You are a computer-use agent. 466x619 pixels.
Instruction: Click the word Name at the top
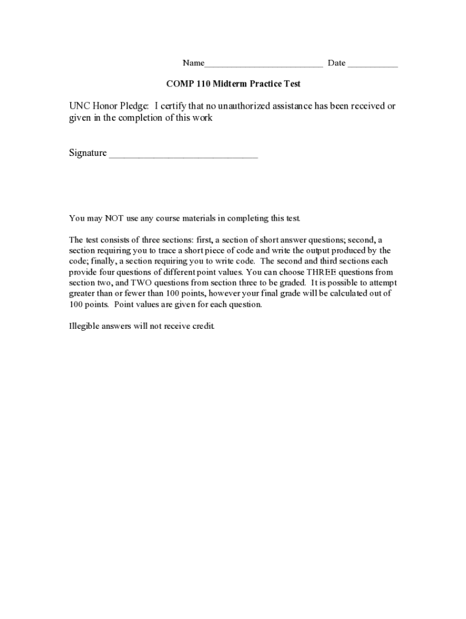pyautogui.click(x=194, y=63)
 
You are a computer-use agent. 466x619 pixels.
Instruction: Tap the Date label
pyautogui.click(x=336, y=63)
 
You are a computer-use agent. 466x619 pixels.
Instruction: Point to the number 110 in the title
pyautogui.click(x=203, y=84)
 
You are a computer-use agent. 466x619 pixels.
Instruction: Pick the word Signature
pyautogui.click(x=88, y=154)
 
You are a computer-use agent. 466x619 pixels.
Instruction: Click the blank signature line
pyautogui.click(x=183, y=156)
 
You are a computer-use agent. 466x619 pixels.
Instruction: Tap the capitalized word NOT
pyautogui.click(x=114, y=218)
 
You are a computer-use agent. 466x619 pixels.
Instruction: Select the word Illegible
pyautogui.click(x=85, y=326)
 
